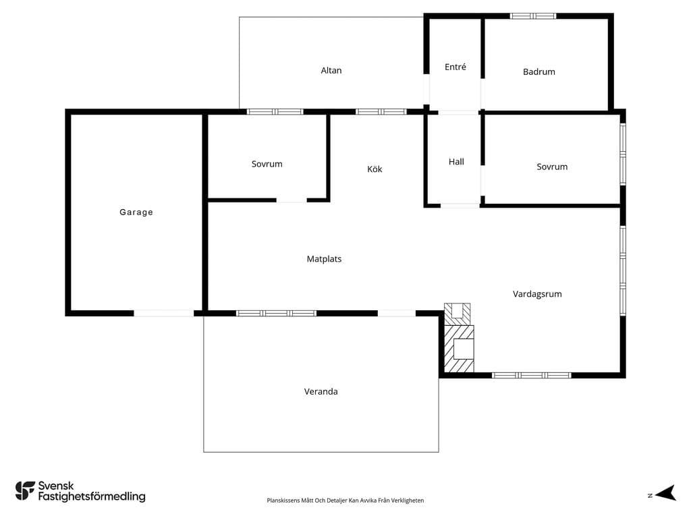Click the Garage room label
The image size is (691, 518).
[x=136, y=212]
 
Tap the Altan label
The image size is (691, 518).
[x=331, y=70]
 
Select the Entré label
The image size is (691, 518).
[x=455, y=67]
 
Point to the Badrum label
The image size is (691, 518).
[x=539, y=71]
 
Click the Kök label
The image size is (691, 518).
[x=375, y=169]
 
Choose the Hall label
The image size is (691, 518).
[x=456, y=162]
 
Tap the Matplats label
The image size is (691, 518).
[x=324, y=259]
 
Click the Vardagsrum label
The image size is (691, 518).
[x=537, y=294]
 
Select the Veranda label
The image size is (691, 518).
[x=321, y=392]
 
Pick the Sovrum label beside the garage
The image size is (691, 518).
[x=267, y=164]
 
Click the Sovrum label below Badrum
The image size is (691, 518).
[x=552, y=167]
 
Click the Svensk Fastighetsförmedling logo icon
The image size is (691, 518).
[x=25, y=491]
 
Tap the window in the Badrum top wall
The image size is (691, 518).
[x=533, y=16]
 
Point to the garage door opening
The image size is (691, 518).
[x=163, y=313]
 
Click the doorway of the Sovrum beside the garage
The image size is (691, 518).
[x=292, y=200]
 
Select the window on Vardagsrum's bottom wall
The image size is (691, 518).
[x=532, y=375]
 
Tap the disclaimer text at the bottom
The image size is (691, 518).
[x=345, y=500]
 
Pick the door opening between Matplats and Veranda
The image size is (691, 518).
[x=397, y=313]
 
